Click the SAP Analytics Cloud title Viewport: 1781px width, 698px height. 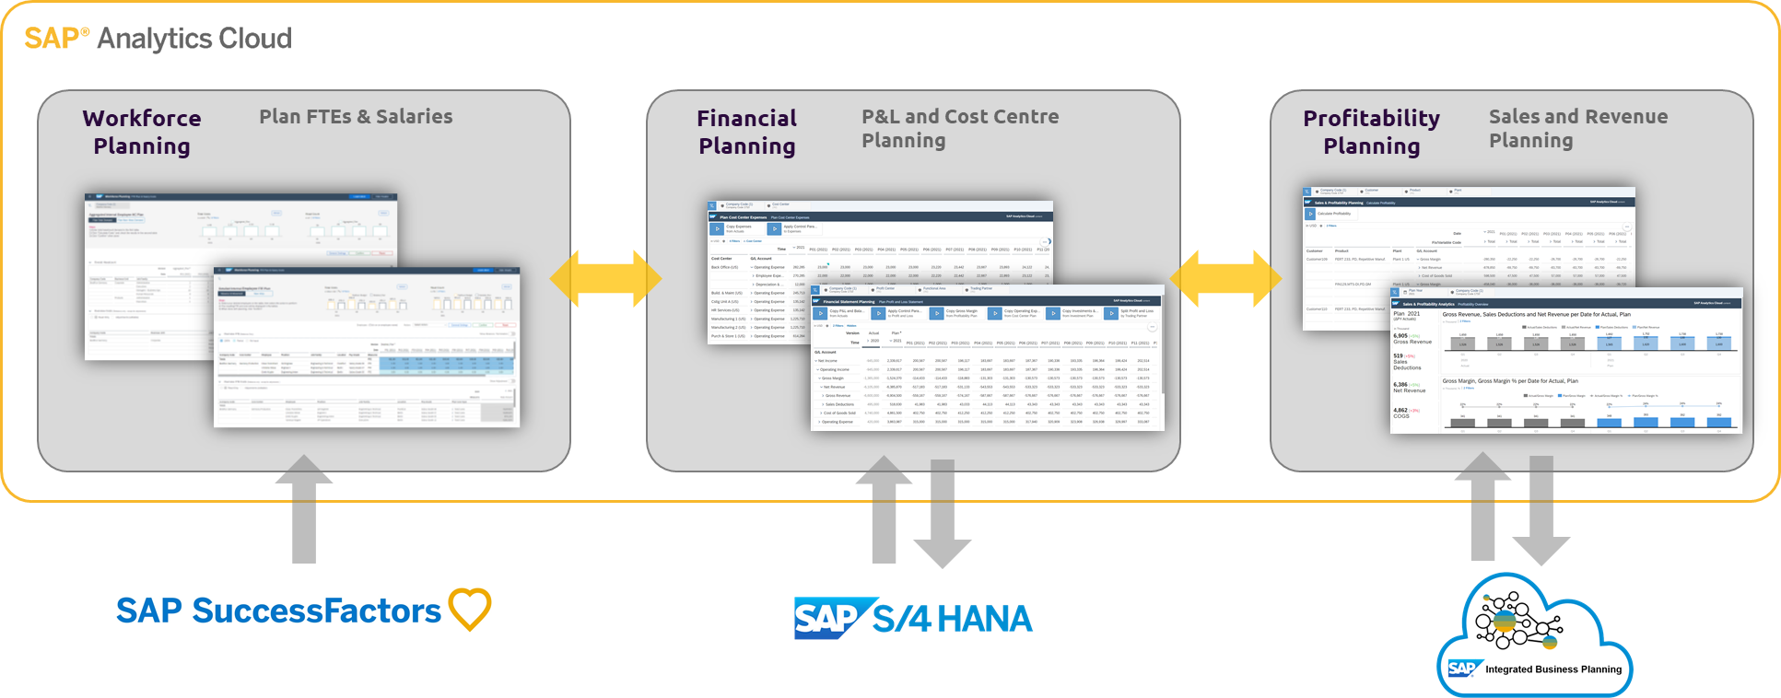158,39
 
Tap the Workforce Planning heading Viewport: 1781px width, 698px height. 142,132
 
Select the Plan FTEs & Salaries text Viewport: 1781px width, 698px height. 356,117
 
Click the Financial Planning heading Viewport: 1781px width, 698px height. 746,132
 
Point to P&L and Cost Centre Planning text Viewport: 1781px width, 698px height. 959,128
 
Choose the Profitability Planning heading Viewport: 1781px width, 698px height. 1371,132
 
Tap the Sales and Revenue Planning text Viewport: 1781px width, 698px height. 1577,128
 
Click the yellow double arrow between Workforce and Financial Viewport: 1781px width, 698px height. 605,277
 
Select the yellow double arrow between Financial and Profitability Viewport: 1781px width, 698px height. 1225,277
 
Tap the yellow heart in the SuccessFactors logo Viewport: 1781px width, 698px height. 469,610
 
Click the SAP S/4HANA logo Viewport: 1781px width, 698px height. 912,618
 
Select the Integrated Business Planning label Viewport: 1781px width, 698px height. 1553,669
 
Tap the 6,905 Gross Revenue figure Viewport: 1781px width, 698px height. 1412,338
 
